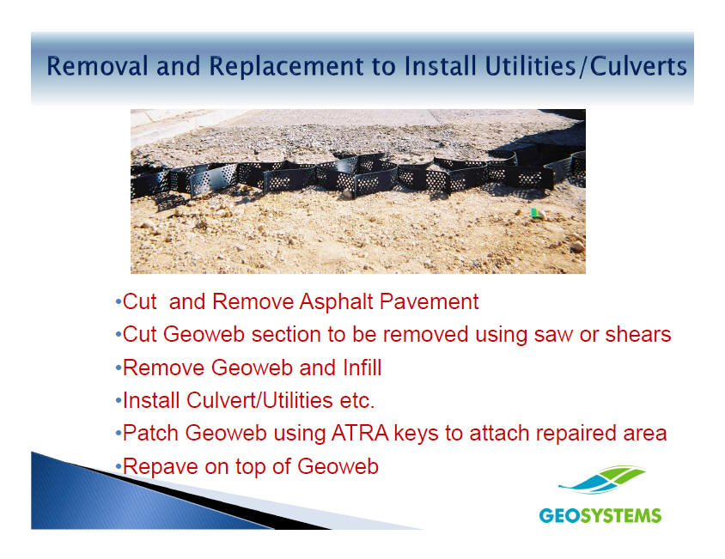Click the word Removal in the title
click(97, 65)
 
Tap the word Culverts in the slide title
click(638, 65)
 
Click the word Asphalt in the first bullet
click(336, 302)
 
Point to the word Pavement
click(430, 301)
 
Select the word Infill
click(362, 368)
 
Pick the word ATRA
click(360, 434)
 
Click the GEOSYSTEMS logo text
click(600, 515)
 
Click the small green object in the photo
click(536, 213)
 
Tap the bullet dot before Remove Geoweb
click(119, 368)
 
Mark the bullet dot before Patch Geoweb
click(119, 434)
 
